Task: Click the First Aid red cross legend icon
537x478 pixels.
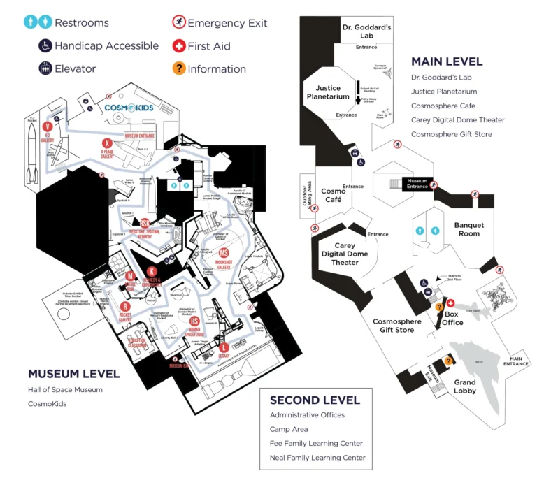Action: click(x=179, y=46)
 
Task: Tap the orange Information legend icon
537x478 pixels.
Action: click(x=179, y=68)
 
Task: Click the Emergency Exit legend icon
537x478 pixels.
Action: click(x=179, y=23)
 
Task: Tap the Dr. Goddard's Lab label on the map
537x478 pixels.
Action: click(x=366, y=31)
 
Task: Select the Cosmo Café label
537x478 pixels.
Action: click(x=334, y=195)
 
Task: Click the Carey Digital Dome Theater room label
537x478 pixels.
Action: click(x=345, y=254)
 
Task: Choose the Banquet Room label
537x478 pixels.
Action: click(x=469, y=229)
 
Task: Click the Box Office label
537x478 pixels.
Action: click(x=453, y=318)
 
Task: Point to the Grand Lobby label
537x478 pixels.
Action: click(x=465, y=386)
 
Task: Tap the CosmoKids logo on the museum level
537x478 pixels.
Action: click(x=129, y=108)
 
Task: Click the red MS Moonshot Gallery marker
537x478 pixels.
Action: click(x=224, y=253)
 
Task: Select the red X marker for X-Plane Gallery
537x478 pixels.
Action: click(x=107, y=143)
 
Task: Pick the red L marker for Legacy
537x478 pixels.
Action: click(x=224, y=347)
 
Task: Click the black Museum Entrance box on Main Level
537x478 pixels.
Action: click(x=417, y=184)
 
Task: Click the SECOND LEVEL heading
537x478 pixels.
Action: click(x=315, y=400)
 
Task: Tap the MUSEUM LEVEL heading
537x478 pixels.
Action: click(x=73, y=374)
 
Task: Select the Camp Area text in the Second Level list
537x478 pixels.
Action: click(x=289, y=429)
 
